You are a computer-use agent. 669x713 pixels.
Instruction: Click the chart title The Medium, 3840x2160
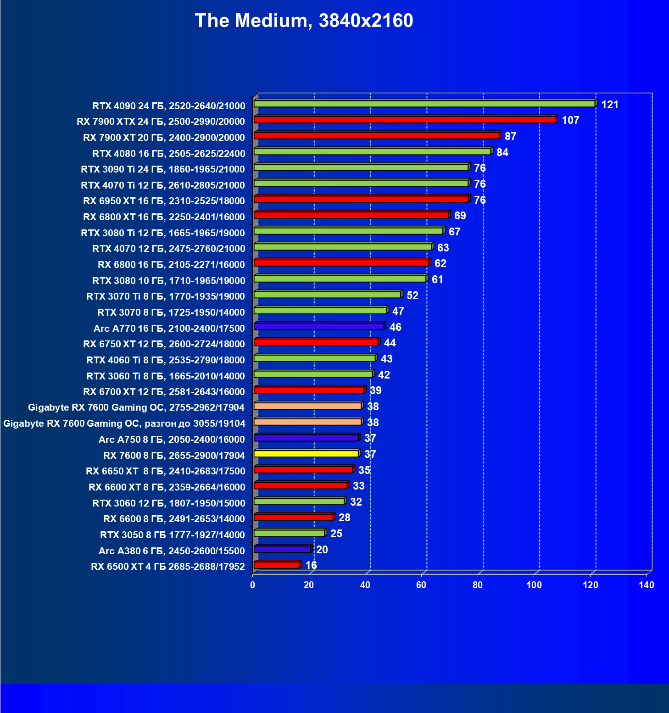[304, 21]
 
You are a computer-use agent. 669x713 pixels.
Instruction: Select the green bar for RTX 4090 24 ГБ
[424, 104]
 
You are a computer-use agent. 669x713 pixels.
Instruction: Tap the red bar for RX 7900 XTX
[405, 120]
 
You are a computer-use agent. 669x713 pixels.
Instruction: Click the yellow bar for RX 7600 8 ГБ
[306, 454]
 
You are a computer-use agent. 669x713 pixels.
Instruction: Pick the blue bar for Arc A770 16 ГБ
[319, 326]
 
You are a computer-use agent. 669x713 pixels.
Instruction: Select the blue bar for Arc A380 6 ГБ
[282, 549]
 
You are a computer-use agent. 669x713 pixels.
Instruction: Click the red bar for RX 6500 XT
[277, 565]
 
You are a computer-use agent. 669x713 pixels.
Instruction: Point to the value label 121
[610, 105]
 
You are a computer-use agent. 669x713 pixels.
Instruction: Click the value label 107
[570, 121]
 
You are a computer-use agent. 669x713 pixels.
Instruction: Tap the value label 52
[413, 295]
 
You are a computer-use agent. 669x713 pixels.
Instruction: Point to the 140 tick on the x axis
[647, 585]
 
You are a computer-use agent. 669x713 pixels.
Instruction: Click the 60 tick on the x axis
[421, 585]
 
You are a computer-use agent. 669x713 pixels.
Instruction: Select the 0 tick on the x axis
[253, 585]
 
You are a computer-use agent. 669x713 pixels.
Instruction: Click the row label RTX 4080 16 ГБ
[168, 154]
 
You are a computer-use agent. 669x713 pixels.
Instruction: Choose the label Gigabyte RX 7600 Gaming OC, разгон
[124, 423]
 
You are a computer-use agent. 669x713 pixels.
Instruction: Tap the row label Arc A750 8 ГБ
[172, 440]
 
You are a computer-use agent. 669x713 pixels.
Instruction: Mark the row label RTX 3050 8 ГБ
[172, 535]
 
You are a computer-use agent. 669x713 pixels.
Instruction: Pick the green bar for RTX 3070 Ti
[327, 295]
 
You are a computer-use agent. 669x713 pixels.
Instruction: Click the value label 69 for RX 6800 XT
[460, 216]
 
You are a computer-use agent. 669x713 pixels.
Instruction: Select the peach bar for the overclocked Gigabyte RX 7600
[307, 422]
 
